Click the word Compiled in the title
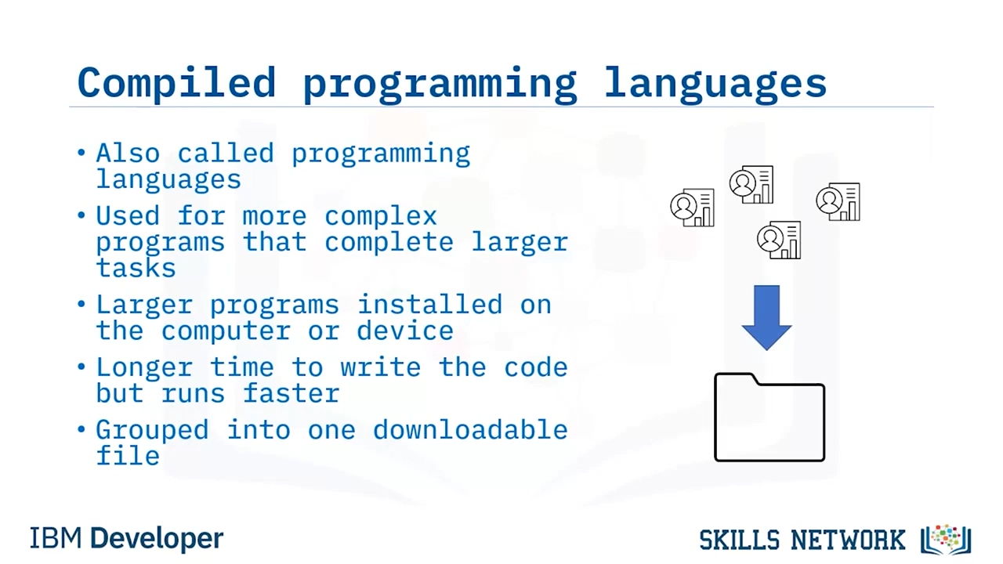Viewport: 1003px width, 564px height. (x=176, y=83)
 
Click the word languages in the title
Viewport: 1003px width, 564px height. (x=715, y=84)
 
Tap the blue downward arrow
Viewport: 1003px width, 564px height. (x=766, y=317)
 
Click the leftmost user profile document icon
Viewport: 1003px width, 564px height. (x=692, y=208)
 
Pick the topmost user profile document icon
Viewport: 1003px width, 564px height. (x=751, y=184)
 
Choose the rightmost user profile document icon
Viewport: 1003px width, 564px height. (x=838, y=201)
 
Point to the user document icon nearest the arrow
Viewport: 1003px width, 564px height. (x=779, y=240)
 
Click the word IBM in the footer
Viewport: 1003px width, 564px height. (x=56, y=538)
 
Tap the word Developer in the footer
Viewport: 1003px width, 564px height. (x=157, y=539)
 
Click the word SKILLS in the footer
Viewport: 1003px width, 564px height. (x=739, y=540)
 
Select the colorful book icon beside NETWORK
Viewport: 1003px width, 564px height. (x=946, y=540)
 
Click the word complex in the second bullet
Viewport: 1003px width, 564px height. (x=381, y=217)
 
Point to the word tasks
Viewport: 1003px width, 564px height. (x=136, y=268)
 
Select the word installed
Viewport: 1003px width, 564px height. (x=430, y=305)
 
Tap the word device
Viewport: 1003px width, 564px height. (x=405, y=331)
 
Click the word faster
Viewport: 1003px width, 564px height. (x=291, y=393)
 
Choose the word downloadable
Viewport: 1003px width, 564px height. (x=471, y=429)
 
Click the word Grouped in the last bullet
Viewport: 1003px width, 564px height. (x=152, y=431)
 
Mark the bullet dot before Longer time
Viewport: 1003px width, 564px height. (x=81, y=367)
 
